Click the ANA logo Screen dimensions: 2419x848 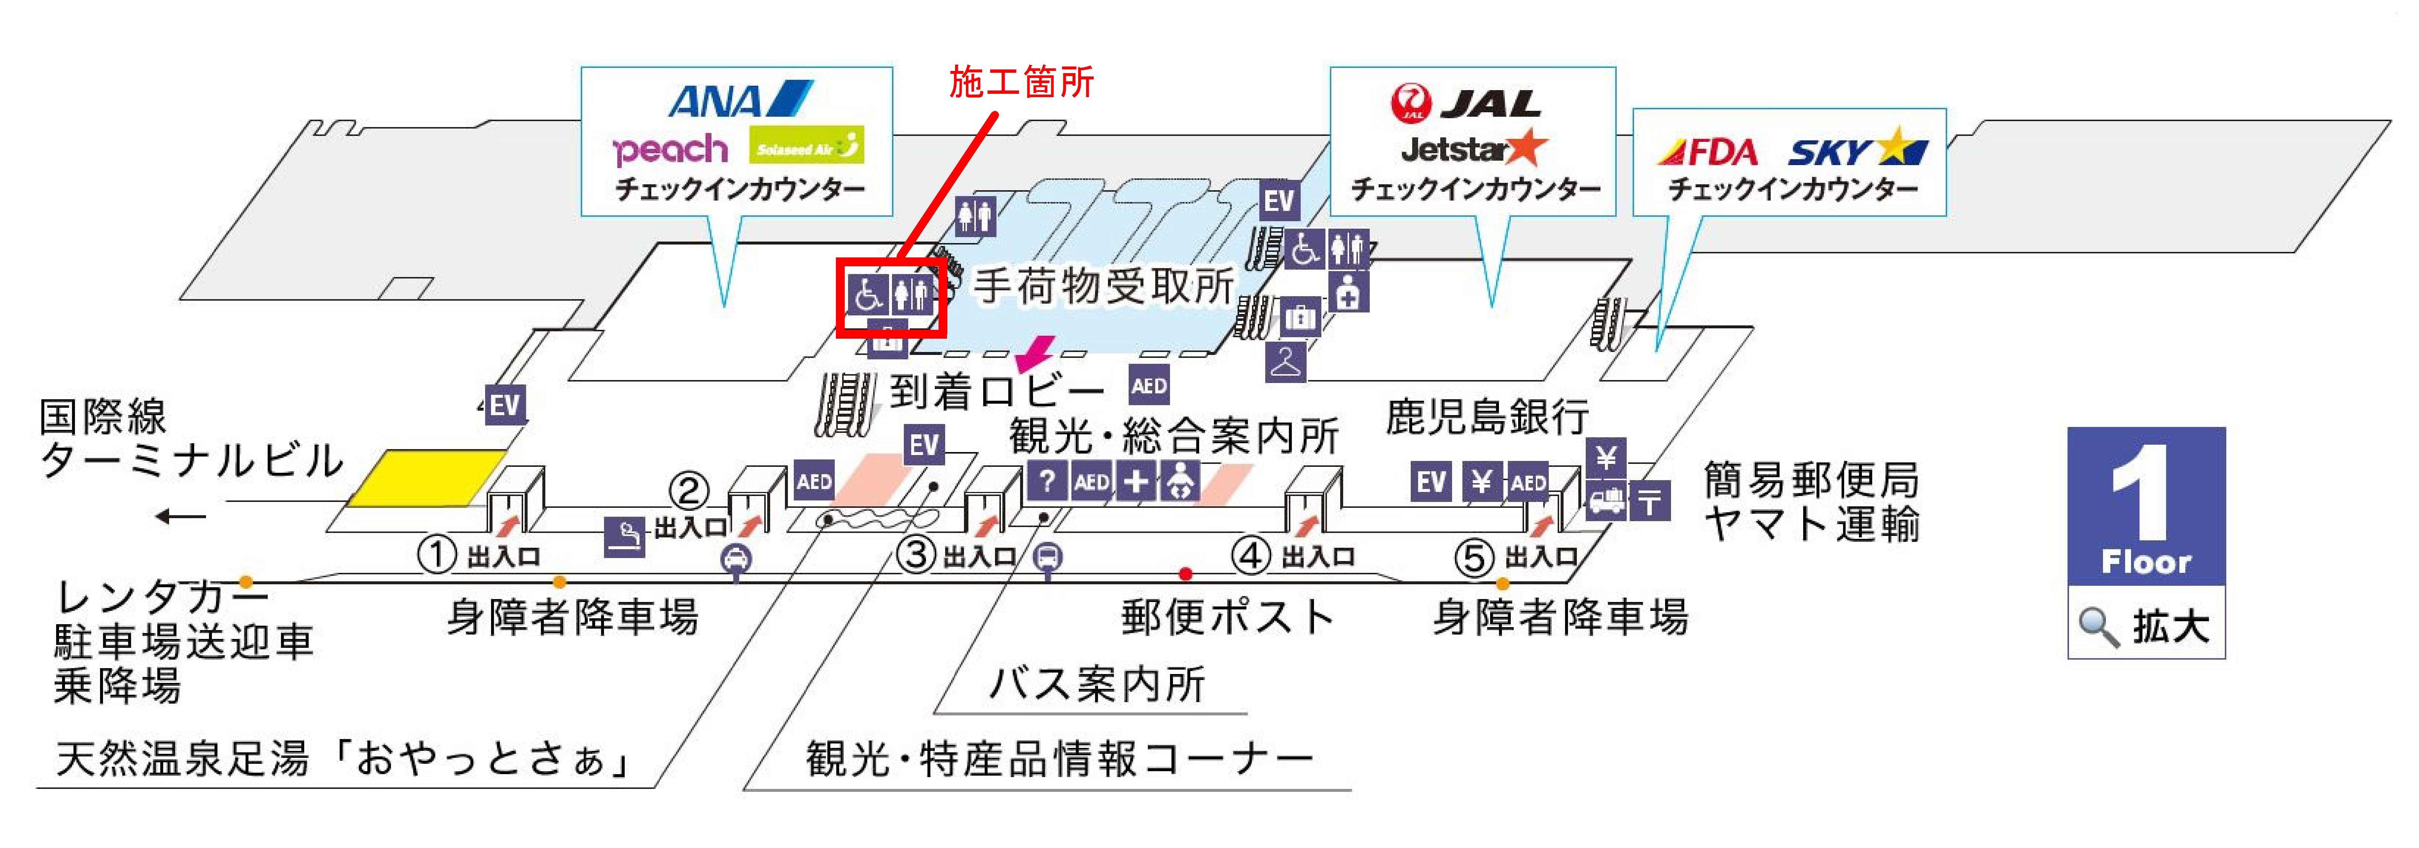click(x=740, y=100)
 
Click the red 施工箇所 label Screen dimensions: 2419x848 click(x=1022, y=83)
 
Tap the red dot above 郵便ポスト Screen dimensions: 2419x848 click(x=1186, y=574)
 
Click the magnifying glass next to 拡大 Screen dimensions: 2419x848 click(x=2098, y=626)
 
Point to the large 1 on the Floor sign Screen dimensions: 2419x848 click(x=2142, y=493)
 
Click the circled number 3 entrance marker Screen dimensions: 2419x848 click(x=916, y=554)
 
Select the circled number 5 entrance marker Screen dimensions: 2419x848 click(x=1473, y=558)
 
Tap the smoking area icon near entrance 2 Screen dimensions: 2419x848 click(x=624, y=537)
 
